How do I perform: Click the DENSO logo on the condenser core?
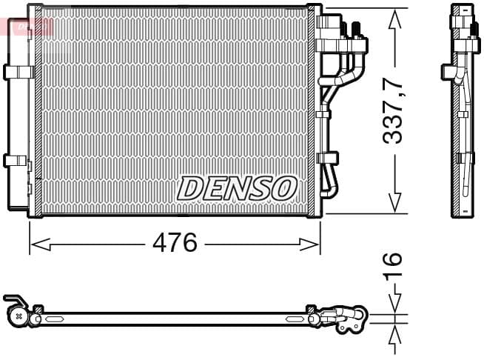[236, 187]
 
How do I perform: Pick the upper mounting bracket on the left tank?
[18, 72]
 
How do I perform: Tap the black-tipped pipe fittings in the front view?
[351, 29]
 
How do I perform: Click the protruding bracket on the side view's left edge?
[448, 71]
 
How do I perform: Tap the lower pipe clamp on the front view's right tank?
[326, 158]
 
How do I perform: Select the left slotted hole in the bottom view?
[56, 319]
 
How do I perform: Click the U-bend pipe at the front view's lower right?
[331, 181]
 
